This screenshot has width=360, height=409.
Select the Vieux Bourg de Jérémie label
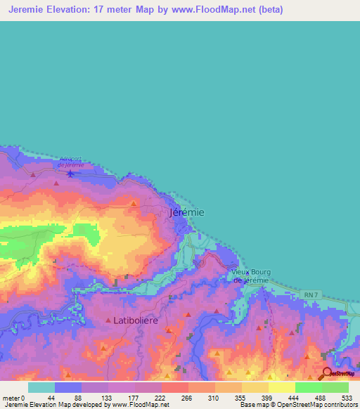point(250,276)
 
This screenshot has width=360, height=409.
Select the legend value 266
point(186,397)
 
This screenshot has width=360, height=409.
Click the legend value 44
point(51,397)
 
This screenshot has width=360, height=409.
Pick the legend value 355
point(240,397)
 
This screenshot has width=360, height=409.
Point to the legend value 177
point(132,397)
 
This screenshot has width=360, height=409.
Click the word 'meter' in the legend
point(11,397)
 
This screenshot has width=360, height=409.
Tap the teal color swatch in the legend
point(41,387)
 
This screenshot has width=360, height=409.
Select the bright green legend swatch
point(308,387)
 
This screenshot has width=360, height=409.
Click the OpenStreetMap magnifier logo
point(327,373)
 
